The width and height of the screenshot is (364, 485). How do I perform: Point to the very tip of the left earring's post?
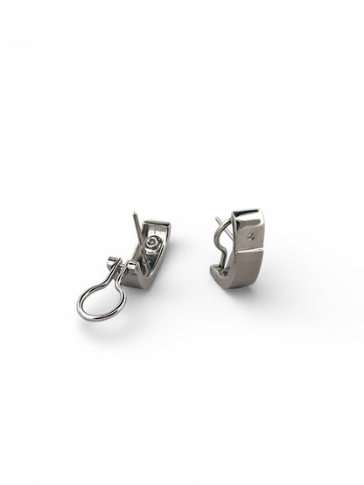click(134, 214)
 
